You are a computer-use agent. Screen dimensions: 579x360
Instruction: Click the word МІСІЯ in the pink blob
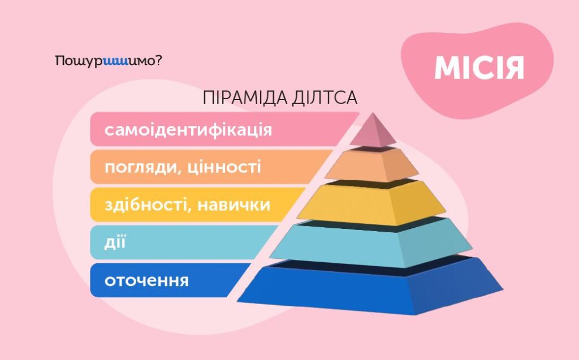[479, 68]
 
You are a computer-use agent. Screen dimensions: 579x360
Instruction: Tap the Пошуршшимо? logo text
[108, 61]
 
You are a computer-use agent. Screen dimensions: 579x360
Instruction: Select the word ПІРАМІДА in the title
[244, 98]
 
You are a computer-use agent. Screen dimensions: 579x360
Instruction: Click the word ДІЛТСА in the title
[325, 98]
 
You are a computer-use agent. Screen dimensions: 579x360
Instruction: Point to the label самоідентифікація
[188, 129]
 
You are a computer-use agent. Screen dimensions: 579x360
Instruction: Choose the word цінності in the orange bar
[224, 167]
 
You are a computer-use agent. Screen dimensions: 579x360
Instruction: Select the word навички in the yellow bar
[234, 205]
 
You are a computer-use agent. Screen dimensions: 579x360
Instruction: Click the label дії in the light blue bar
[115, 242]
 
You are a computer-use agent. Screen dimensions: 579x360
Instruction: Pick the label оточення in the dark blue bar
[146, 281]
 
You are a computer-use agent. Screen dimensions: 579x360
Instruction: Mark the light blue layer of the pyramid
[371, 244]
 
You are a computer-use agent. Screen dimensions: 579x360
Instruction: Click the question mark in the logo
[158, 60]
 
